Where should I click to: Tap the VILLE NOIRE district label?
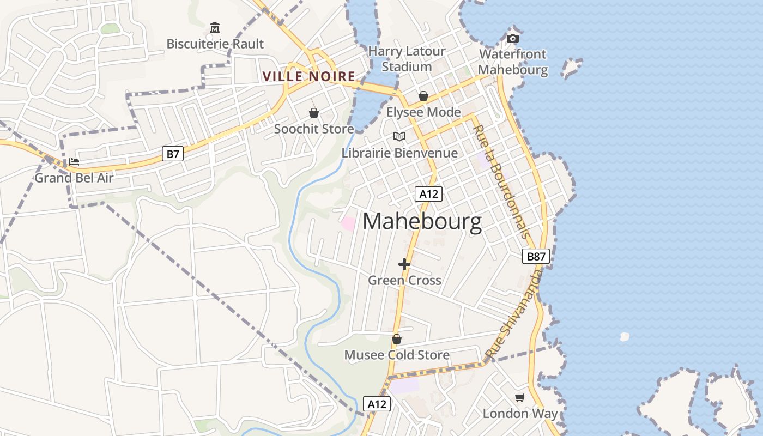tap(309, 77)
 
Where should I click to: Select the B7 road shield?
tap(173, 154)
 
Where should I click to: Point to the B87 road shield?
tap(536, 256)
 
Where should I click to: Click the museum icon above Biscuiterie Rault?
tap(215, 27)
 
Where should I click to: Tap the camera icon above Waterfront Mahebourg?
tap(513, 38)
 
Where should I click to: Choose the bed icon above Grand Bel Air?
tap(74, 162)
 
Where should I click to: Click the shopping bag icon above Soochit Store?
tap(314, 113)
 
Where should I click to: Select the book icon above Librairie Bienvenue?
tap(399, 136)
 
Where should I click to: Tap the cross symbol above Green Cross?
tap(404, 264)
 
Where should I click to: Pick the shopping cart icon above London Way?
tap(520, 397)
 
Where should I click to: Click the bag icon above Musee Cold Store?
tap(397, 339)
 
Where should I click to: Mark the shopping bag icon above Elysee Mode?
tap(423, 96)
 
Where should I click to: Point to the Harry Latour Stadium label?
tap(407, 59)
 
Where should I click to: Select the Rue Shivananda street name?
tap(515, 314)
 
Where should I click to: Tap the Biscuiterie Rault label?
tap(215, 44)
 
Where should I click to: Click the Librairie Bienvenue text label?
tap(399, 153)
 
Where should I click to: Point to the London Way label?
tap(520, 414)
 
